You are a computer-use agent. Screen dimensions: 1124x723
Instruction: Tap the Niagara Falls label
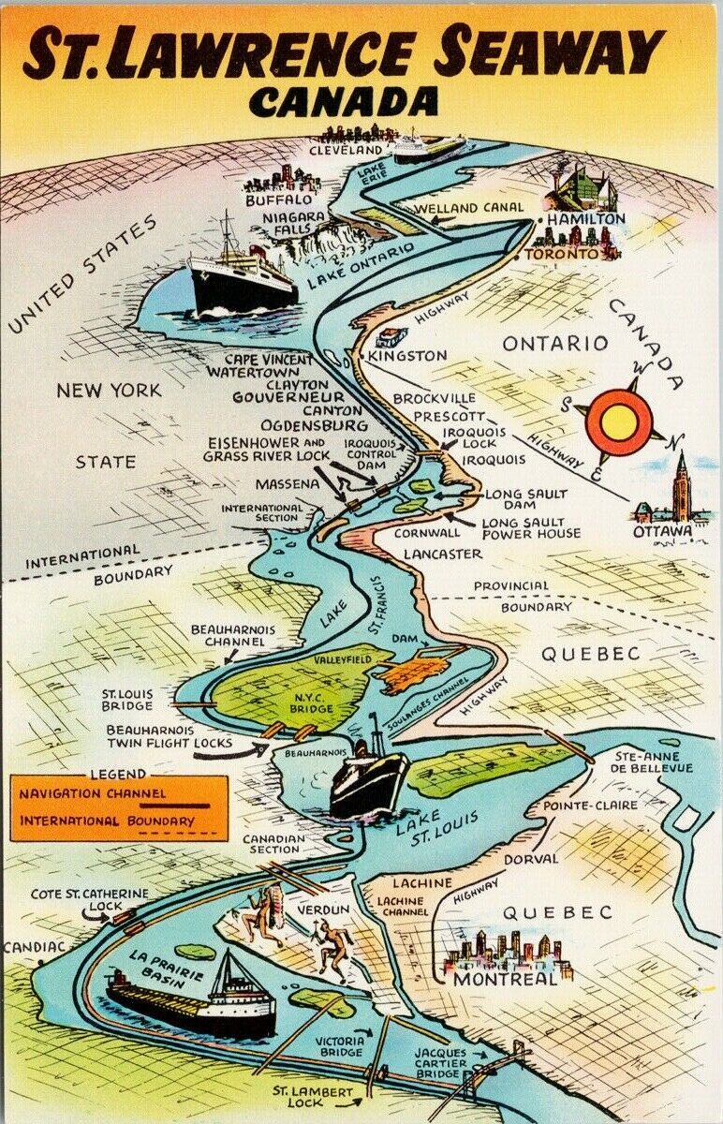294,224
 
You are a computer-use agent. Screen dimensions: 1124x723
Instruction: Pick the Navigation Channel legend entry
90,794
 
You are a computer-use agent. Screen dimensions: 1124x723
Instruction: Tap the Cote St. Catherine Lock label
90,900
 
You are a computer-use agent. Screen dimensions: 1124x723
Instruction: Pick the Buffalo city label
278,200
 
